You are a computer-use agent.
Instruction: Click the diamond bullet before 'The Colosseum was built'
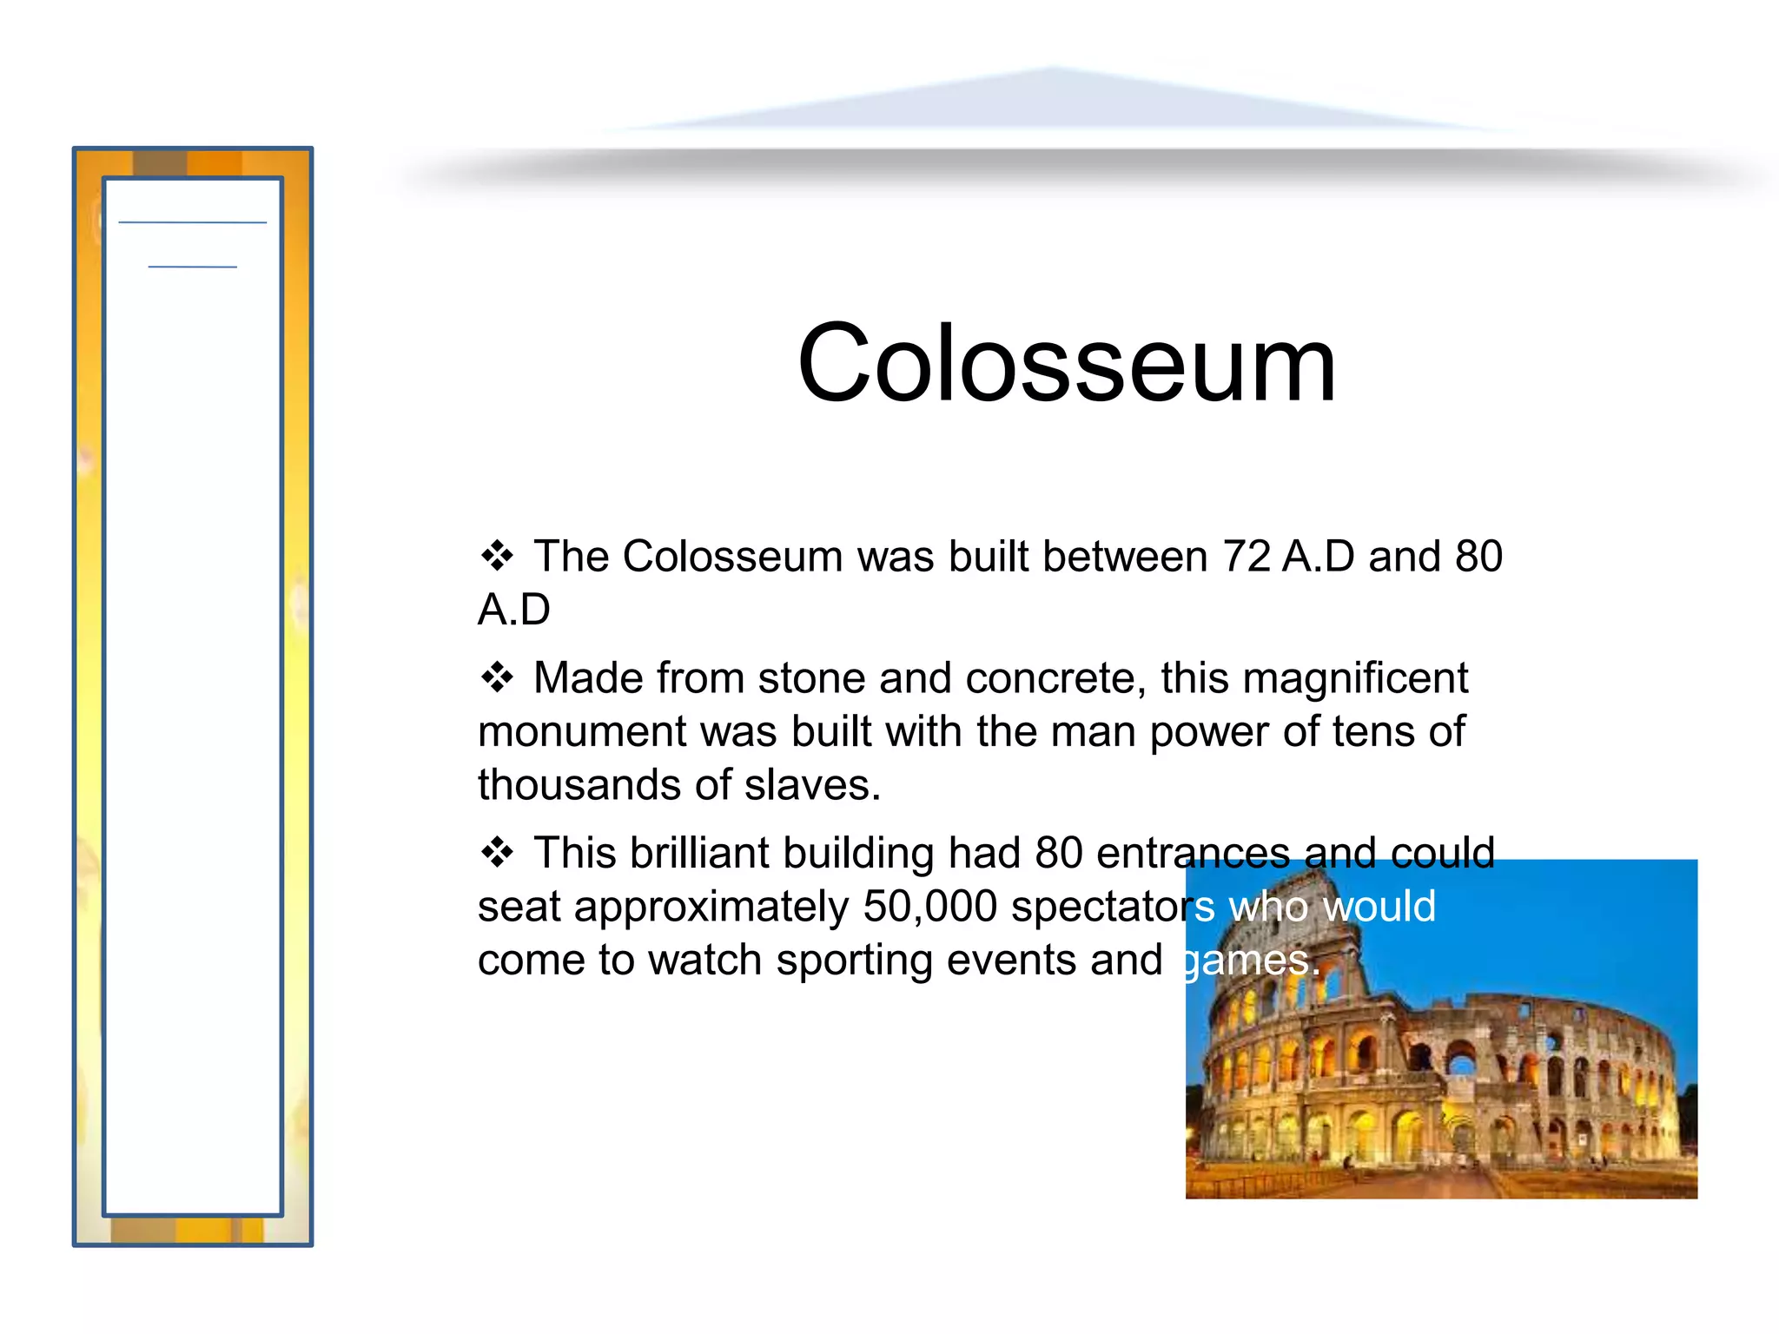point(497,556)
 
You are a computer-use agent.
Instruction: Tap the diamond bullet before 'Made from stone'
point(497,677)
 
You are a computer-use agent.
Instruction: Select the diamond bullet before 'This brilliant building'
point(497,853)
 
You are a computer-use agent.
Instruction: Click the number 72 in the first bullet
point(1247,557)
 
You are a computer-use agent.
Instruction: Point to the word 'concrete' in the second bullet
point(1054,679)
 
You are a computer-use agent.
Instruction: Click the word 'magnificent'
point(1355,679)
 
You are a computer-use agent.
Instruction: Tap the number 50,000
point(929,907)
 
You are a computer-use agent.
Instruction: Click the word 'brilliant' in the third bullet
point(699,853)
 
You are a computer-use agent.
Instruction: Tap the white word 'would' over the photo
point(1379,907)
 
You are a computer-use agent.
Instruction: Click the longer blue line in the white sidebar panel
point(192,223)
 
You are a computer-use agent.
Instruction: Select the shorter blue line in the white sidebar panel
point(192,267)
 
